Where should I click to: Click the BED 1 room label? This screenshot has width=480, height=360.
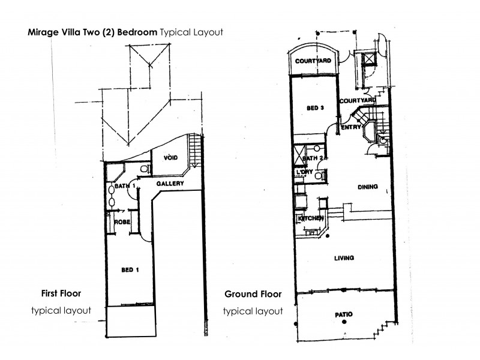(130, 270)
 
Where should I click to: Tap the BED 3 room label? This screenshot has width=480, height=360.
(315, 108)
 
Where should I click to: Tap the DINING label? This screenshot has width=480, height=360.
(367, 187)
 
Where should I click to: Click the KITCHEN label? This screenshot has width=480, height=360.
(311, 218)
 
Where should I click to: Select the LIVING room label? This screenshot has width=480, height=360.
(344, 258)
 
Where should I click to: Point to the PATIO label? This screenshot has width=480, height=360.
(343, 314)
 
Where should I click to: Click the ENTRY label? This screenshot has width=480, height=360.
(350, 127)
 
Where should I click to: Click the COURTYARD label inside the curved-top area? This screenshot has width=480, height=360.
(313, 61)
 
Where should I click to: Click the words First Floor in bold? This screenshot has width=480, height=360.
(61, 293)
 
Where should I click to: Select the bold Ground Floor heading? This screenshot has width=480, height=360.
(253, 294)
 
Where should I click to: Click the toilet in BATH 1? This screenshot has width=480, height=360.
(142, 170)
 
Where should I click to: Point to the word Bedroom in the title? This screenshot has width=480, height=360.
(136, 32)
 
